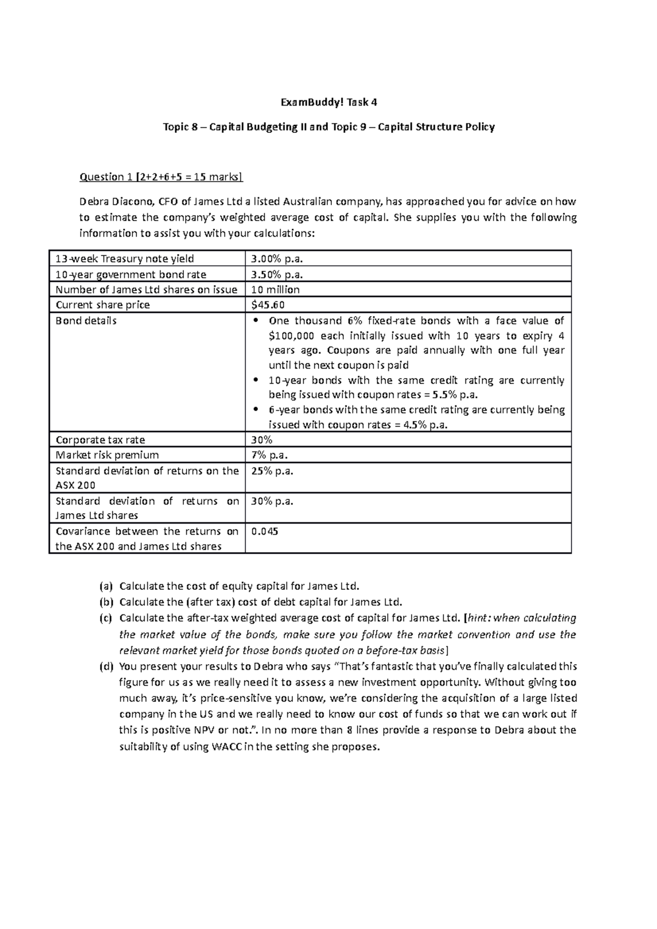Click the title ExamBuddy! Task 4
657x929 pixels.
click(328, 102)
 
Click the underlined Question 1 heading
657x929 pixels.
click(160, 176)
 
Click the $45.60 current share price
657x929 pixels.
click(268, 305)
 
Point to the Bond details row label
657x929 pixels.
click(86, 321)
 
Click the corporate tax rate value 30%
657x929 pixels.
click(262, 440)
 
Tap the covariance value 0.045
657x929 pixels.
click(264, 531)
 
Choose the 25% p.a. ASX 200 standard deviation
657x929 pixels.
click(272, 471)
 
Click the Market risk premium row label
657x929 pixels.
click(107, 455)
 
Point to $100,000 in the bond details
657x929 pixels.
click(291, 336)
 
